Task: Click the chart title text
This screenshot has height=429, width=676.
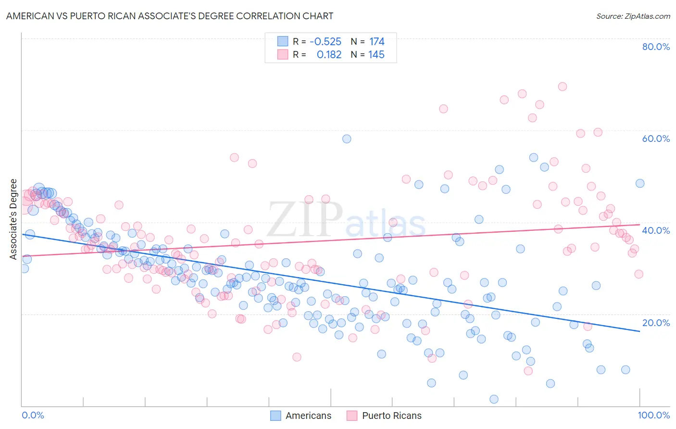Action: pos(169,16)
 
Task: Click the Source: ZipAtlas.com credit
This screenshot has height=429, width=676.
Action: pos(633,16)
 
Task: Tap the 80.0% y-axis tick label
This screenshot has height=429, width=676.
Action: pos(656,47)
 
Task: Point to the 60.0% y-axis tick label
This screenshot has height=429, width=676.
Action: pos(656,139)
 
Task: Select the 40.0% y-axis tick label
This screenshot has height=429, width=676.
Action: pos(656,230)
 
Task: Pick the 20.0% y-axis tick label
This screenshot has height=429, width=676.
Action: pos(656,323)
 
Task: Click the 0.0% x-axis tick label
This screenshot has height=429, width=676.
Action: pos(33,415)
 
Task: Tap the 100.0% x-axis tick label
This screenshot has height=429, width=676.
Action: pos(653,415)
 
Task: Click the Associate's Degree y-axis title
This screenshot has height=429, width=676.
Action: pos(13,219)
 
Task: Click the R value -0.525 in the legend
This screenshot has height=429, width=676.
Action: pos(325,42)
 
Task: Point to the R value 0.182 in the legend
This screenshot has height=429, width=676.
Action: pos(329,55)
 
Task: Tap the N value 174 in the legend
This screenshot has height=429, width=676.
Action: pos(376,42)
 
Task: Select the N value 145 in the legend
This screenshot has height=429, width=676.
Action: pos(376,55)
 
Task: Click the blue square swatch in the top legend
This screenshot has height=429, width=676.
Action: pos(283,41)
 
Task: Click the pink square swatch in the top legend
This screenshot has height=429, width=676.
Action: pos(283,54)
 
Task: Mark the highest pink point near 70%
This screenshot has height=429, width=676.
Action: pos(563,87)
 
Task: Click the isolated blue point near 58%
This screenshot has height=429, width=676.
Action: pos(347,139)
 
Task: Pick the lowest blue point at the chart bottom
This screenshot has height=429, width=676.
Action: pos(494,399)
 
